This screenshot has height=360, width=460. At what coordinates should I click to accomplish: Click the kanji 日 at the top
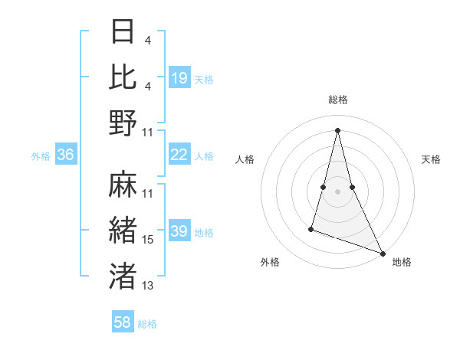point(123,31)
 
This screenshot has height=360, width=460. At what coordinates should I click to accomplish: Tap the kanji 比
point(123,77)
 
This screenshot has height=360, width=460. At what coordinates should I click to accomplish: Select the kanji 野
point(123,123)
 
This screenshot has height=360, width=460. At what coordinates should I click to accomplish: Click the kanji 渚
point(123,276)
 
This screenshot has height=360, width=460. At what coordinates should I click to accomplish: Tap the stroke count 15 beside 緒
point(148,240)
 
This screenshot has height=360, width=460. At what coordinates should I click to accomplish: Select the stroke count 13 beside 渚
point(148,286)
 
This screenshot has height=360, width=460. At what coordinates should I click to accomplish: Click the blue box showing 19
point(179,77)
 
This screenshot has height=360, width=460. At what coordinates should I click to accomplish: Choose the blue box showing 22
point(179,155)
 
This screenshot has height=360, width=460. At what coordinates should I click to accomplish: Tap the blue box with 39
point(179,231)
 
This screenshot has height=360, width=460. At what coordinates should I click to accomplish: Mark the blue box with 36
point(66,155)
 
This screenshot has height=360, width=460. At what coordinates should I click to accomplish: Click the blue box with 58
point(123,322)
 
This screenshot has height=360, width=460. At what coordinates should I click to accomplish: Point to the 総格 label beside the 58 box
point(147,324)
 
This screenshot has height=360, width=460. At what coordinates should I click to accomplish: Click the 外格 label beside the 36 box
point(41,156)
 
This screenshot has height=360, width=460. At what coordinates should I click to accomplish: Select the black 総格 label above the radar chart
point(337,100)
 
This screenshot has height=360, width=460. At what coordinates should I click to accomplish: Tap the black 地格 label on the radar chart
point(402,263)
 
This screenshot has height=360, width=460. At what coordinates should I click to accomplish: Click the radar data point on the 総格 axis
point(337,129)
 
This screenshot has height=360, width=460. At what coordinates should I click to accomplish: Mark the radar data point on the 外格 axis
point(311,228)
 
